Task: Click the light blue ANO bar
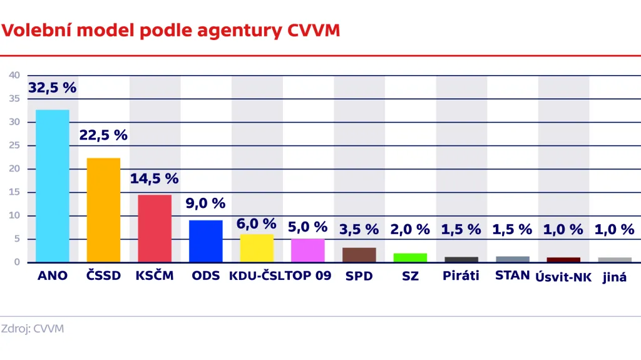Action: [x=53, y=185]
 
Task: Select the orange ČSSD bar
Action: [x=103, y=210]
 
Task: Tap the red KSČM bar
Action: [x=155, y=229]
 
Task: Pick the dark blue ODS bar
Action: [x=206, y=241]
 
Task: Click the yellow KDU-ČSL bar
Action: [x=257, y=248]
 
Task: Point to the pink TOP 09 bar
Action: [x=308, y=250]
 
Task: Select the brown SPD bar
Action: [x=359, y=255]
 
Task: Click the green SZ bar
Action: [x=410, y=257]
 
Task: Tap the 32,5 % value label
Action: [x=53, y=88]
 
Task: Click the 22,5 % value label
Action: [x=103, y=135]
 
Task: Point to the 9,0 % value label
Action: [x=206, y=203]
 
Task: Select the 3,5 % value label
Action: [x=359, y=229]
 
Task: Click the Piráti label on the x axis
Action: [x=461, y=275]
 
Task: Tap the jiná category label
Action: [x=615, y=277]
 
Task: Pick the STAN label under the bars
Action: [x=512, y=275]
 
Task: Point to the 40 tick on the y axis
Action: [x=14, y=75]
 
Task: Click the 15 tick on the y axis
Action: [x=14, y=192]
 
